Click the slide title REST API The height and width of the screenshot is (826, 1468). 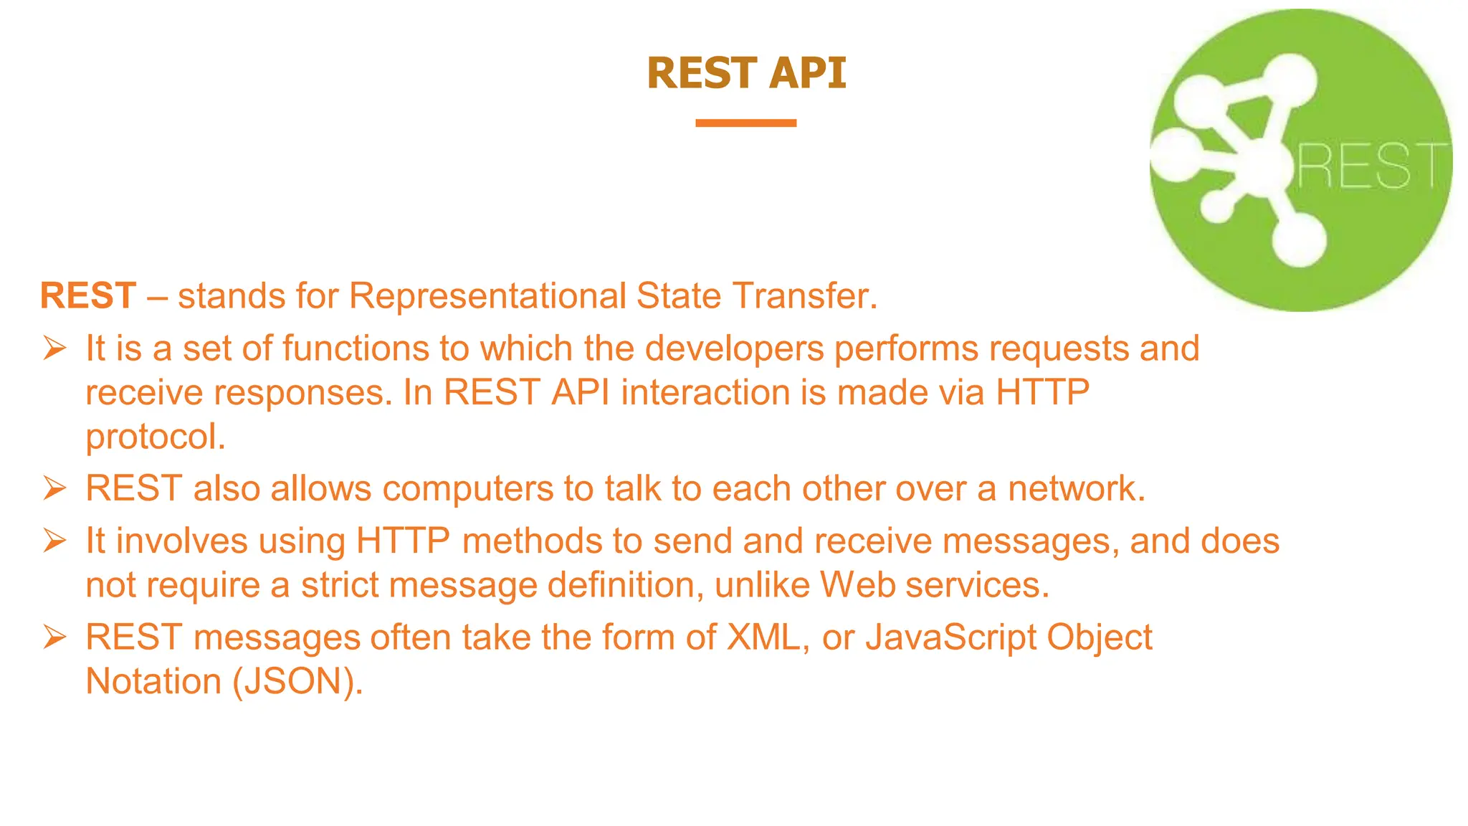click(746, 73)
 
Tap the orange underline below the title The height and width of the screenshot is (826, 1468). click(745, 123)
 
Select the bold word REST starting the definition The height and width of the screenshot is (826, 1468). click(88, 295)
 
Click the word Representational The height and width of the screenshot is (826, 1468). click(487, 295)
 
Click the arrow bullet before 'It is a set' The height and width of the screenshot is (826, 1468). click(54, 348)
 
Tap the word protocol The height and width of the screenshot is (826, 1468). click(155, 437)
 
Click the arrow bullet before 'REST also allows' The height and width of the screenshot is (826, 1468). click(54, 489)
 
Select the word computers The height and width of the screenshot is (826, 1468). click(467, 489)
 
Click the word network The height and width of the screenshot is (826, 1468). click(1075, 489)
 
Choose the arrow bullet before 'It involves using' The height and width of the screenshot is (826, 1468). click(54, 541)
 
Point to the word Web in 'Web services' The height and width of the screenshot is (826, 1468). click(857, 585)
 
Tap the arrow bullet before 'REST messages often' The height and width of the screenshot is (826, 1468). click(54, 637)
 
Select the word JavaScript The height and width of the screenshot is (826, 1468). click(950, 637)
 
